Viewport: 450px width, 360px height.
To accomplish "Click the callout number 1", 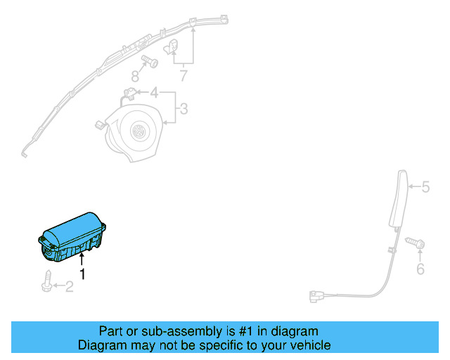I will click(82, 274).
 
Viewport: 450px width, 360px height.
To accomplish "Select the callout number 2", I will click(69, 286).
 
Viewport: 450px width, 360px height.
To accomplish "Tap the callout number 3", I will click(184, 108).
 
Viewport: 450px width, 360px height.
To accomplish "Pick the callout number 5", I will click(425, 187).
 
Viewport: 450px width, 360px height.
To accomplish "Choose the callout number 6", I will click(420, 269).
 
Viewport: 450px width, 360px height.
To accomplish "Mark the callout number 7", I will click(183, 75).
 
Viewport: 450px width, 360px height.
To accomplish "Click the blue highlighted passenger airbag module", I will click(72, 238).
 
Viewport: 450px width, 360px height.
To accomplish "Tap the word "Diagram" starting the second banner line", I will click(101, 345).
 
